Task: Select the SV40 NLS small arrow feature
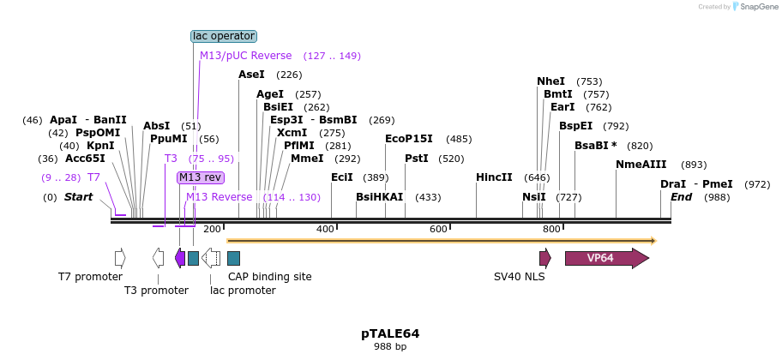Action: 544,258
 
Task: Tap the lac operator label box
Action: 223,36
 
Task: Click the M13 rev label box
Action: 201,177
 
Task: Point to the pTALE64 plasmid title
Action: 390,333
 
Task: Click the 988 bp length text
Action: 390,347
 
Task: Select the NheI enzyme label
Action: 550,81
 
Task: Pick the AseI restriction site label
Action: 251,75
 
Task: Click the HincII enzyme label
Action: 494,177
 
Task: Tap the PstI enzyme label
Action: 416,159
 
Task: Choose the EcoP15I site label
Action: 408,139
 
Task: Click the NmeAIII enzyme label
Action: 641,165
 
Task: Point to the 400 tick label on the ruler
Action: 325,229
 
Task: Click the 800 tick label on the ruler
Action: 551,229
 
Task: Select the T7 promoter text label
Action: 90,277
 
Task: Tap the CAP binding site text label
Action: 269,277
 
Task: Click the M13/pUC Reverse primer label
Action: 245,56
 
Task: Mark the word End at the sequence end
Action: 681,197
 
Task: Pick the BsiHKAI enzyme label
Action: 379,197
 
